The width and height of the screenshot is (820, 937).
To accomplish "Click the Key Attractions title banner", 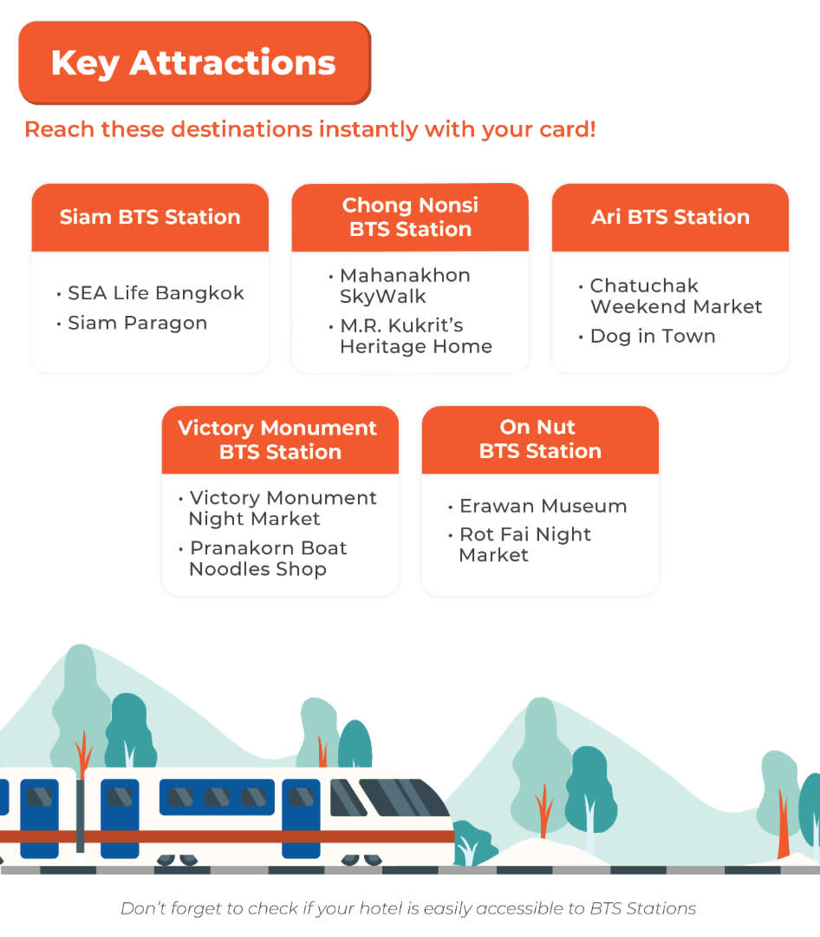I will (194, 62).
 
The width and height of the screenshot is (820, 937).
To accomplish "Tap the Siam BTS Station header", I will (150, 217).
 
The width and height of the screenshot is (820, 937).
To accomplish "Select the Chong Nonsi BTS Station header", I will (410, 217).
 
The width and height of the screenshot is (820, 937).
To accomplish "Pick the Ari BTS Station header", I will (670, 217).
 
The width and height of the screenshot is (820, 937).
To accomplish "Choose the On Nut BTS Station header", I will (539, 439).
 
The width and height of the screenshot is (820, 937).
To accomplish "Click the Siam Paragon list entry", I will (137, 323).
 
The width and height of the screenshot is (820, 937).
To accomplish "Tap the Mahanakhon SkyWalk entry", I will (404, 285).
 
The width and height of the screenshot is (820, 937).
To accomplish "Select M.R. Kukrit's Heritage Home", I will (415, 336).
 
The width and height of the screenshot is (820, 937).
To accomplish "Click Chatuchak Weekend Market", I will (675, 296).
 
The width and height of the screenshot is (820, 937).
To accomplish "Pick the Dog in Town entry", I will (652, 337).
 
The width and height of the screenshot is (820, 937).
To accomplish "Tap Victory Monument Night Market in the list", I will (282, 508).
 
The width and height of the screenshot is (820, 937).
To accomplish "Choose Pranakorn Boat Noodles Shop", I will (267, 559).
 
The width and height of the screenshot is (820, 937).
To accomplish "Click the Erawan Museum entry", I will (543, 506).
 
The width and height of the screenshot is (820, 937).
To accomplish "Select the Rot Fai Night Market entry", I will (524, 545).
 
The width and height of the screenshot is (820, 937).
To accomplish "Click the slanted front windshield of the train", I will (402, 798).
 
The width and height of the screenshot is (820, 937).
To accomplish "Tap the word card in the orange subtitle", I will (561, 130).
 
